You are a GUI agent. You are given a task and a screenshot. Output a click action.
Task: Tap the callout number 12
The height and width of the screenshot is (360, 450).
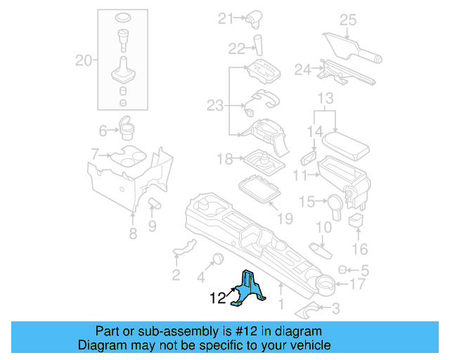[x=218, y=299]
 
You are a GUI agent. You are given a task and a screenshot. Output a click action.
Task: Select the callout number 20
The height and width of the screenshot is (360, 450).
[x=84, y=61]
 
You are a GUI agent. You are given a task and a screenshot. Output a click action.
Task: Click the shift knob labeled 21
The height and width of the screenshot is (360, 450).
[x=252, y=19]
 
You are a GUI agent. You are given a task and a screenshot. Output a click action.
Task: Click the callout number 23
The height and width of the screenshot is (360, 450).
[x=214, y=105]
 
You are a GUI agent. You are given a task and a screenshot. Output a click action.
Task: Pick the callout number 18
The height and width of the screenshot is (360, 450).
[x=224, y=160]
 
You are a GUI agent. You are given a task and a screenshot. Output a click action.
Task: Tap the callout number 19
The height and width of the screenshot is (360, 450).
[x=284, y=219]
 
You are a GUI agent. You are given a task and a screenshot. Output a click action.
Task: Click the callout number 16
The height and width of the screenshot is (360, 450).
[x=359, y=249]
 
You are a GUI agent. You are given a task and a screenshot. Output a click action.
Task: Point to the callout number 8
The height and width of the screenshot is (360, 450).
[x=133, y=234]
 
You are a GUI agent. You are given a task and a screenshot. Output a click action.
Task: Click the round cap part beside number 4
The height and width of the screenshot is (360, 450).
[x=218, y=257]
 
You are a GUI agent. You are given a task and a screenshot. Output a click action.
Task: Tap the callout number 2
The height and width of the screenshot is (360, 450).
[x=176, y=274]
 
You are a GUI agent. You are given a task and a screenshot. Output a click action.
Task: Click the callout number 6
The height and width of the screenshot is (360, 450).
[x=103, y=130]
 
